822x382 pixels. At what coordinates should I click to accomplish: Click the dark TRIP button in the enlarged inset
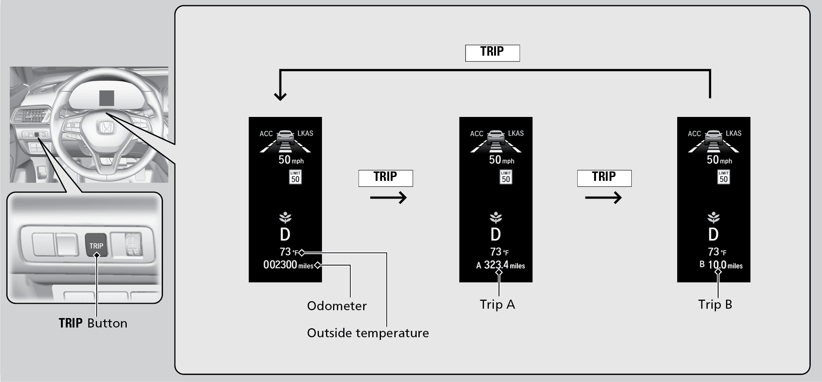96,245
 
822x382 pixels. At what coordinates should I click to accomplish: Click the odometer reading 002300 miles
288,265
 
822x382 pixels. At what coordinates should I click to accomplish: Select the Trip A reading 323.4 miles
500,265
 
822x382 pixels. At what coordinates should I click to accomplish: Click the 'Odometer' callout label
337,306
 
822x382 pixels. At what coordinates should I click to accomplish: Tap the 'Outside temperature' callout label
368,333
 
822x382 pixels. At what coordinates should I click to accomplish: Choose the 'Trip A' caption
497,305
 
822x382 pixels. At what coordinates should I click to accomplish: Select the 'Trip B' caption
715,305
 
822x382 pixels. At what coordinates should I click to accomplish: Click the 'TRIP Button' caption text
93,323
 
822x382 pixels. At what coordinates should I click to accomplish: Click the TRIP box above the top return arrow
492,53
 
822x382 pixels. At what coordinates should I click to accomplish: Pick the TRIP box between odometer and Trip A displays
385,178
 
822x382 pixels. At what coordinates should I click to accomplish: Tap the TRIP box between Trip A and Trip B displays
604,178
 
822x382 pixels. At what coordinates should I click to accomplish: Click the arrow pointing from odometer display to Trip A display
388,198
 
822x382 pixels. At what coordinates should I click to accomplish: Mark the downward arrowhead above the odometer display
280,96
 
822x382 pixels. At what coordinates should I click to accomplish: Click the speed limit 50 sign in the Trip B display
723,177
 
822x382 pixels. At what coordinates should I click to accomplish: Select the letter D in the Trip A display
496,235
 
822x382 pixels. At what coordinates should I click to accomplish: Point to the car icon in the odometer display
285,137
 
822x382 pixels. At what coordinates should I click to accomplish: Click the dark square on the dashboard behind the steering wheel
106,98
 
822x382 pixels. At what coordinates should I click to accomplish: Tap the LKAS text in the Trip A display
516,133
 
